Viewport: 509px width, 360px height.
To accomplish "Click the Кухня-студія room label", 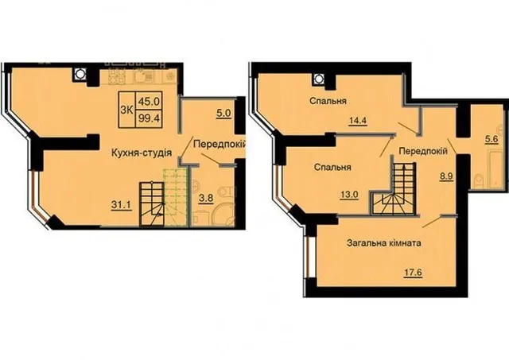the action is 142,153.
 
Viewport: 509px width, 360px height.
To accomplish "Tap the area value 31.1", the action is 122,205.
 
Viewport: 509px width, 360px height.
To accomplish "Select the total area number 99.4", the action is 149,118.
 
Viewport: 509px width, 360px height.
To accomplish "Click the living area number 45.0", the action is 149,102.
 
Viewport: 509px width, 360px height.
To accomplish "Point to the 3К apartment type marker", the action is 126,110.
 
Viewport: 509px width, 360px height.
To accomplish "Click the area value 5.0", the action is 224,113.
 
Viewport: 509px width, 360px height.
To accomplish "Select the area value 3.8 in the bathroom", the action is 206,198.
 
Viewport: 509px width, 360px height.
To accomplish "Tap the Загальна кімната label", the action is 384,243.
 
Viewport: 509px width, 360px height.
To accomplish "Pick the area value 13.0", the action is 349,195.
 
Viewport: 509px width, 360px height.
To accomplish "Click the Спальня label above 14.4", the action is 328,101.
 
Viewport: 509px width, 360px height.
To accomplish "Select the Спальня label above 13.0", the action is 332,168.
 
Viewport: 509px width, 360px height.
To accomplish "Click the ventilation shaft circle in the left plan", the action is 79,74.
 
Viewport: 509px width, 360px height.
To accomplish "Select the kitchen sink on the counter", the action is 143,76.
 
